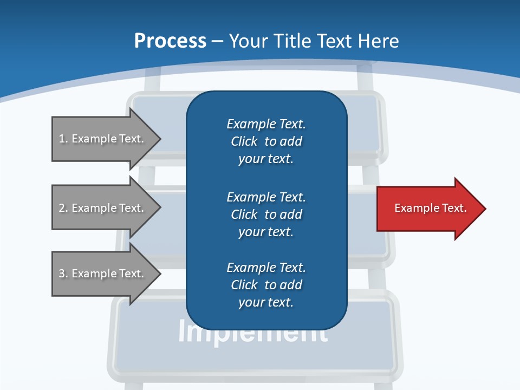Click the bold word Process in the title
[x=170, y=41]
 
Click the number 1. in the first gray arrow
[x=63, y=139]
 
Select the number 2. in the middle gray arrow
[x=63, y=208]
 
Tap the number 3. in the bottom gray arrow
[x=63, y=274]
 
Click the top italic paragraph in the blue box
[x=266, y=141]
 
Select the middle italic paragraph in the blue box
[x=266, y=214]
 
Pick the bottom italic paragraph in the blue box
[x=266, y=285]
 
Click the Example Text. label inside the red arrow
[x=430, y=208]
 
